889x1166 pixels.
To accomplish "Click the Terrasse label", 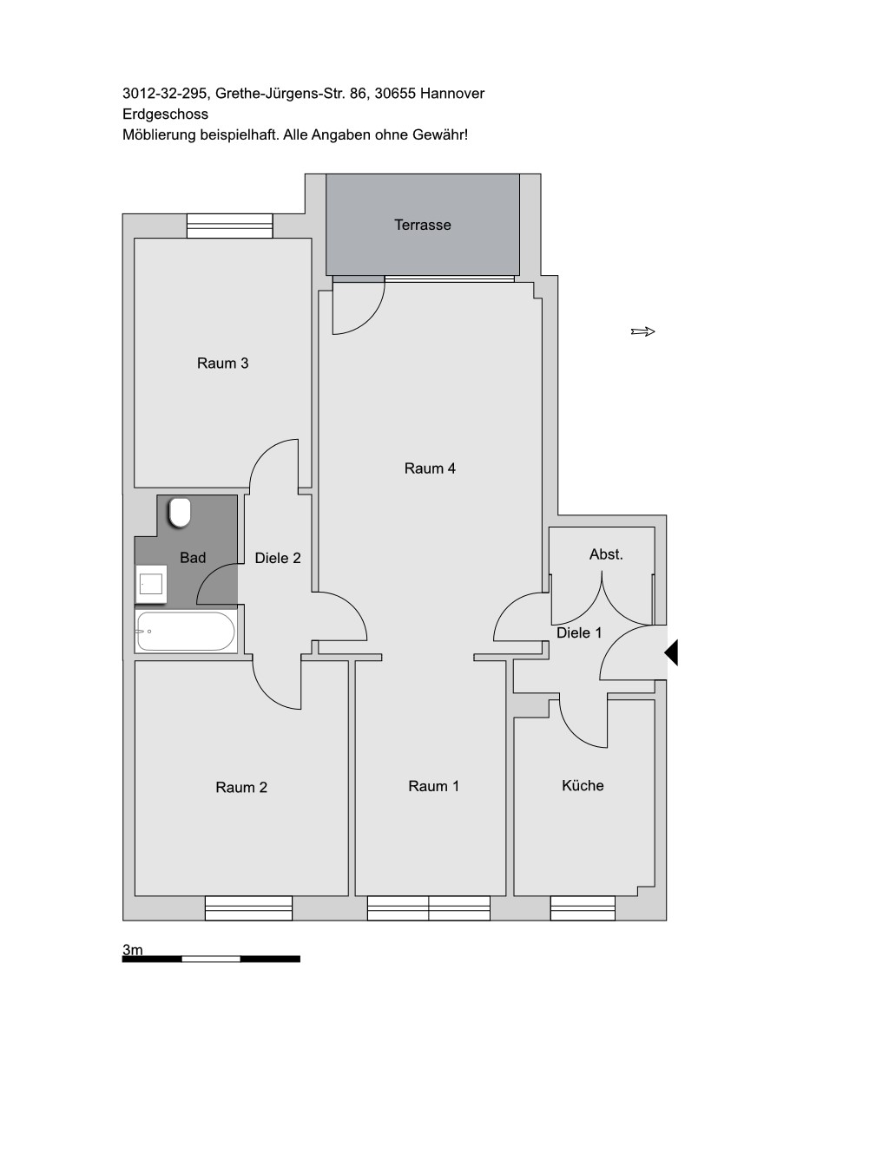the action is tap(423, 225).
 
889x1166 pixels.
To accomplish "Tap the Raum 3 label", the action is tap(222, 364).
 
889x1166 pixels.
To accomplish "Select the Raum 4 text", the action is tap(430, 468).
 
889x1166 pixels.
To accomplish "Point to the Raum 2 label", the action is tap(241, 787).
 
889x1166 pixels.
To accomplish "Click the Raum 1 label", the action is tap(433, 786).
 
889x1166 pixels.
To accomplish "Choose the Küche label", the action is tap(583, 786).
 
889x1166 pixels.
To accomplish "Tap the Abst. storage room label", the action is tap(606, 554).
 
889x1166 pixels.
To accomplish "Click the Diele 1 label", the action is tap(579, 632).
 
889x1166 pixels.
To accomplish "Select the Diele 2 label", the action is tap(278, 558).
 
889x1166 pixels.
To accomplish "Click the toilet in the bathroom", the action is tap(180, 513).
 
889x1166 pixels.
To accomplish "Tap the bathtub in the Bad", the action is tap(186, 631).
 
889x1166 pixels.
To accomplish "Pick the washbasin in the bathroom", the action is tap(151, 584).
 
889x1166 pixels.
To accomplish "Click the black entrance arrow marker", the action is tap(671, 652).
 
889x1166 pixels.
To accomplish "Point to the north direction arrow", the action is tap(643, 331).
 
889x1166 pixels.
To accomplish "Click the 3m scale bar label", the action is tap(132, 949).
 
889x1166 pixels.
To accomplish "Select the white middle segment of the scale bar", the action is tap(211, 959).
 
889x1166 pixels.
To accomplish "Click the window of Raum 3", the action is tap(229, 226).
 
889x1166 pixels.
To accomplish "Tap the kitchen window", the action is tap(583, 907).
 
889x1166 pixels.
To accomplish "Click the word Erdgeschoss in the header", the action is tap(165, 115).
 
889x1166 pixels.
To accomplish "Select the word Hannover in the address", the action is tap(452, 94).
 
